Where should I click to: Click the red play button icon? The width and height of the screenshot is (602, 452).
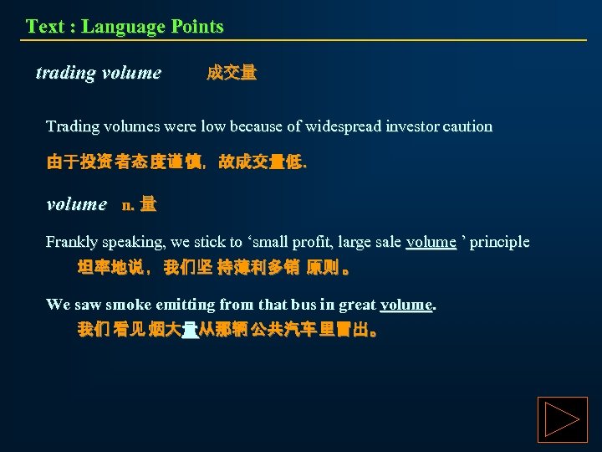562,419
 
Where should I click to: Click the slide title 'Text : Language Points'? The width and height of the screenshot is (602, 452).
125,26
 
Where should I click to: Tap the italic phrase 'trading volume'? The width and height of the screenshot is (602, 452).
99,73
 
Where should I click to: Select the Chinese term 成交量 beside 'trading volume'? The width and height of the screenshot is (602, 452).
232,73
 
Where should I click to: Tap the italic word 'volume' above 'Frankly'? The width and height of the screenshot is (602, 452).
77,204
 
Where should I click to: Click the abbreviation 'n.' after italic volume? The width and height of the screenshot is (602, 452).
129,204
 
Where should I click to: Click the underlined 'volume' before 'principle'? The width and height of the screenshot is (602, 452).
431,242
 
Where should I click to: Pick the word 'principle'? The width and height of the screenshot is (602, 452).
501,242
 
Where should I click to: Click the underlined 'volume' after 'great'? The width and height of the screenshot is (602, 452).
406,304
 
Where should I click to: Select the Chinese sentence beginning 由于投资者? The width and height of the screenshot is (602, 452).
176,162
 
